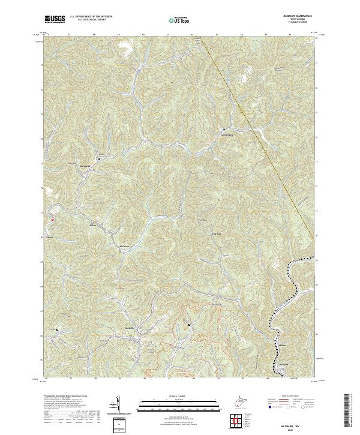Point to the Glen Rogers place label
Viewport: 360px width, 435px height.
224,135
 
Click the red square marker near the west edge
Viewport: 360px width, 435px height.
53,220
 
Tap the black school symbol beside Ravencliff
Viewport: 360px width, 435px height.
99,160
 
